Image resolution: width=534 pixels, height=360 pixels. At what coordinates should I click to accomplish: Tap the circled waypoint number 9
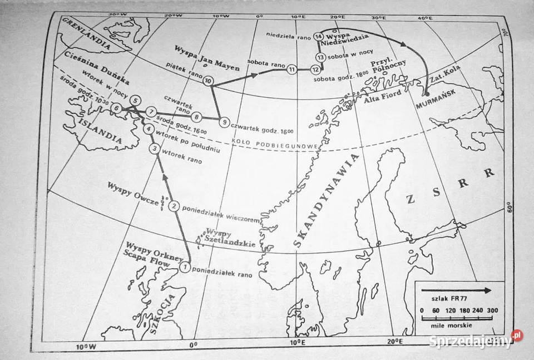pos(222,122)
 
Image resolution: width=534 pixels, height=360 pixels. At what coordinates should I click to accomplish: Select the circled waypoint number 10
pos(208,81)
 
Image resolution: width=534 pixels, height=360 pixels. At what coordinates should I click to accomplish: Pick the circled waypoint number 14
pos(318,36)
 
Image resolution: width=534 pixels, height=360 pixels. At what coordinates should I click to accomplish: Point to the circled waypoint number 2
pos(174,206)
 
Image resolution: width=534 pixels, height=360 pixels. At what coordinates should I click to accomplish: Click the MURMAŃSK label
pos(437,104)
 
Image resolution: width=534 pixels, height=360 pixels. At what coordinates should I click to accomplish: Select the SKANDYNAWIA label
pos(323,200)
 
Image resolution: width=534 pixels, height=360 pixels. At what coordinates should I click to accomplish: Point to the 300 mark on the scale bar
pos(492,310)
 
